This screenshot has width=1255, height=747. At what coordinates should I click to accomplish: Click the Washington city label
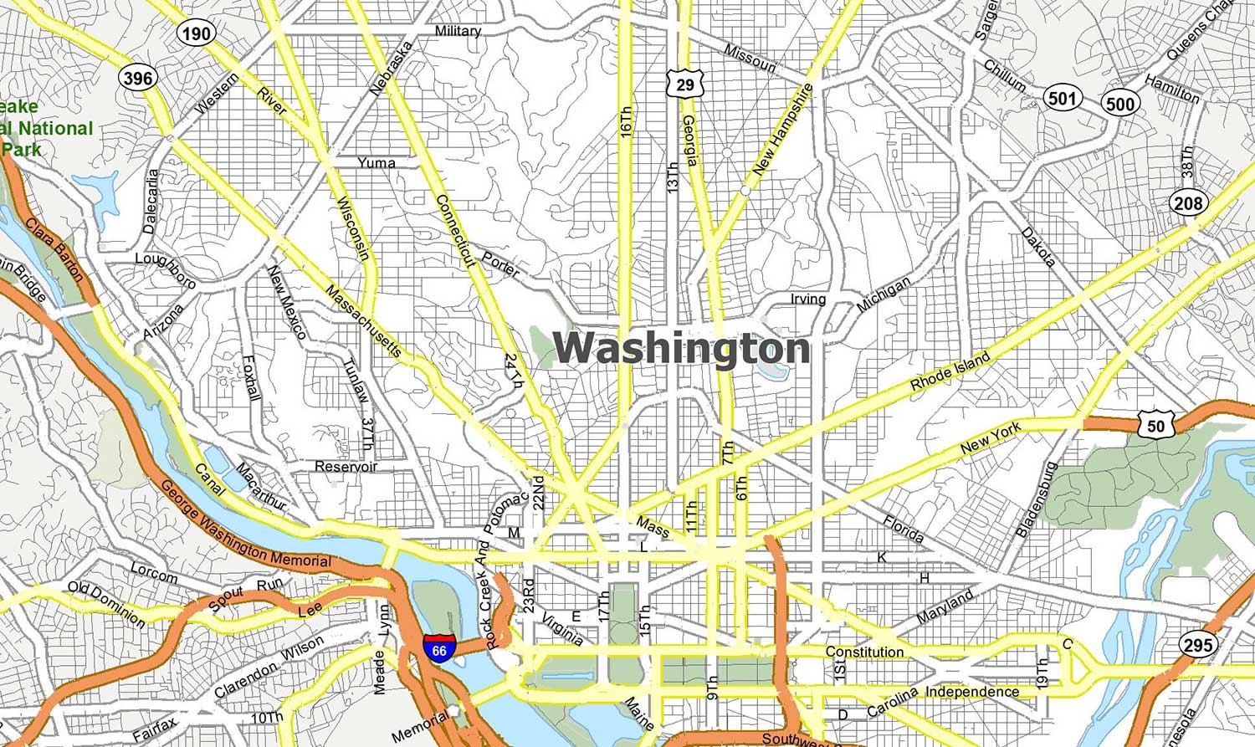682,348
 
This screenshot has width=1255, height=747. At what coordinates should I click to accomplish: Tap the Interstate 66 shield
440,648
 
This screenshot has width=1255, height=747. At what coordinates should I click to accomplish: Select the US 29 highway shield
685,84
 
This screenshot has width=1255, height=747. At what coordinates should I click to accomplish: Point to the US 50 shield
1155,425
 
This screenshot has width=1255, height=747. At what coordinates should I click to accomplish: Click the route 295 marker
1197,645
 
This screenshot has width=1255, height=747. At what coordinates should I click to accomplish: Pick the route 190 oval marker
196,33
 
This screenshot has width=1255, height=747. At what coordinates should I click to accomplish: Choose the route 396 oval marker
138,79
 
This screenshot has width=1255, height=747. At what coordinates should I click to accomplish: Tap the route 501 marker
1062,98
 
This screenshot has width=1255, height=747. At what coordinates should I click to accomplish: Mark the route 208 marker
1187,202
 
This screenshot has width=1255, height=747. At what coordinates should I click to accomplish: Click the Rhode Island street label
950,371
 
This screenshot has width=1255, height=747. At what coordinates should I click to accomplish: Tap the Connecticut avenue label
456,231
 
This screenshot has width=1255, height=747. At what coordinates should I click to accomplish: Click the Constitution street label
864,652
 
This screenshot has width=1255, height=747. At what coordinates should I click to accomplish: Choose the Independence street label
971,692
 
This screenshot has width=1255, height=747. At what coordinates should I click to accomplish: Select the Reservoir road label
346,466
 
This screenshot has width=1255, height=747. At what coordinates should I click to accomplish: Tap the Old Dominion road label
106,603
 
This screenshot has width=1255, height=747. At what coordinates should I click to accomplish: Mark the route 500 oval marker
1120,104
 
